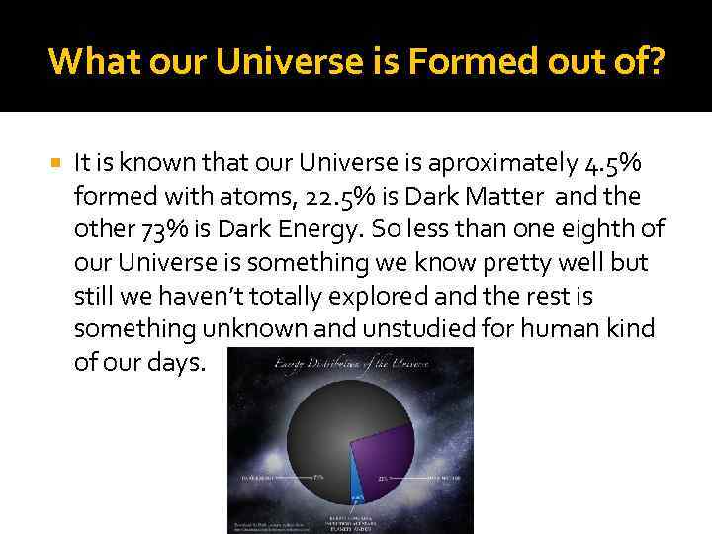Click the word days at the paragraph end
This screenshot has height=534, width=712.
pyautogui.click(x=178, y=362)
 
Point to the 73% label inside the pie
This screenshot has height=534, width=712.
pyautogui.click(x=318, y=477)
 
